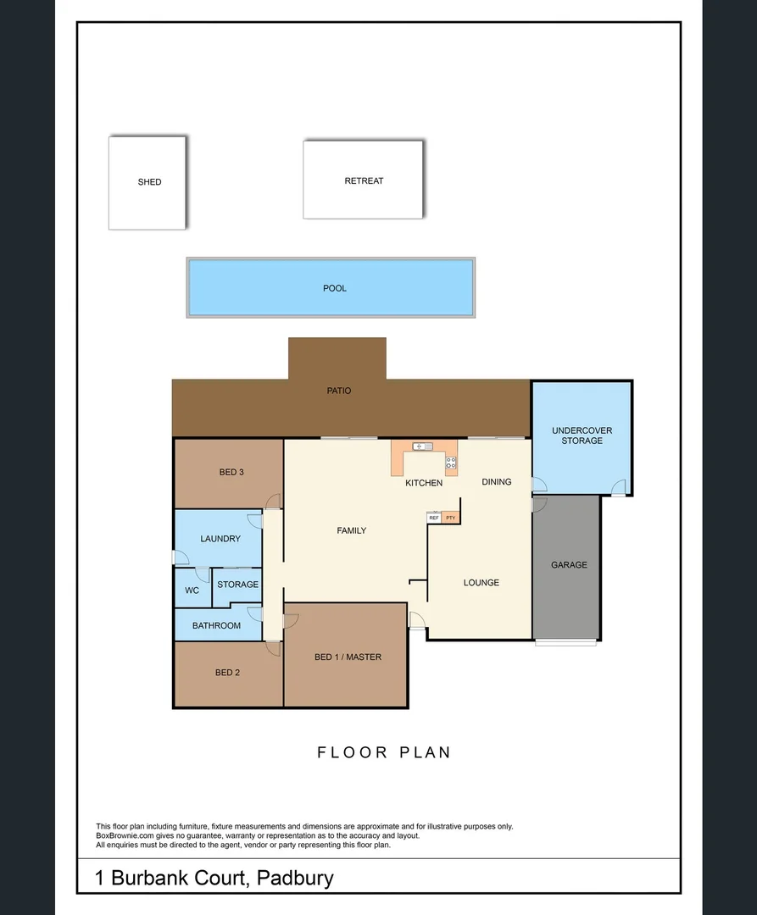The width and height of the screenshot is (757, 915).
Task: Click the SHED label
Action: click(149, 182)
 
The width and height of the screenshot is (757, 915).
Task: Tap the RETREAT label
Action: click(364, 181)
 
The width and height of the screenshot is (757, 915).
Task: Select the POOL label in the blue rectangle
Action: click(335, 288)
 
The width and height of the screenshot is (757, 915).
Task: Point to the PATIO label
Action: click(339, 391)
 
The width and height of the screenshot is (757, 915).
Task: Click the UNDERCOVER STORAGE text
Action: click(582, 435)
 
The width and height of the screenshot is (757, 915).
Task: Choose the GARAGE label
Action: click(569, 565)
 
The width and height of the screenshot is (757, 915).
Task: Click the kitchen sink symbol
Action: click(423, 446)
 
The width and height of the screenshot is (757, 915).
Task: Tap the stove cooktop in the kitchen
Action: click(451, 463)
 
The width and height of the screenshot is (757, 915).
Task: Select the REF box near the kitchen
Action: click(434, 518)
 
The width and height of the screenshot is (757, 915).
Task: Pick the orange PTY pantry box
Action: click(450, 518)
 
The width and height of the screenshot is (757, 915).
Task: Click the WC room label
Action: click(192, 591)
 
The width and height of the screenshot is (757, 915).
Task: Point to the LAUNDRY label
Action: click(220, 539)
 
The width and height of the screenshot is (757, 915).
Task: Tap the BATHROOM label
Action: click(216, 626)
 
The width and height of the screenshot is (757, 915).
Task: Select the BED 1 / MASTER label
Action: click(348, 657)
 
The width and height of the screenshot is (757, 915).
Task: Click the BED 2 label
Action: click(227, 673)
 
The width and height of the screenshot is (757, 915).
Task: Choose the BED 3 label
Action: click(231, 472)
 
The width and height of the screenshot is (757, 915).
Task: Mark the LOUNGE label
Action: click(481, 583)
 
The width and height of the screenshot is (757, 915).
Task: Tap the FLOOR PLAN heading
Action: click(384, 752)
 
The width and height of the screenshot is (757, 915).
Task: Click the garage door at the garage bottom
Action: click(565, 642)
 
